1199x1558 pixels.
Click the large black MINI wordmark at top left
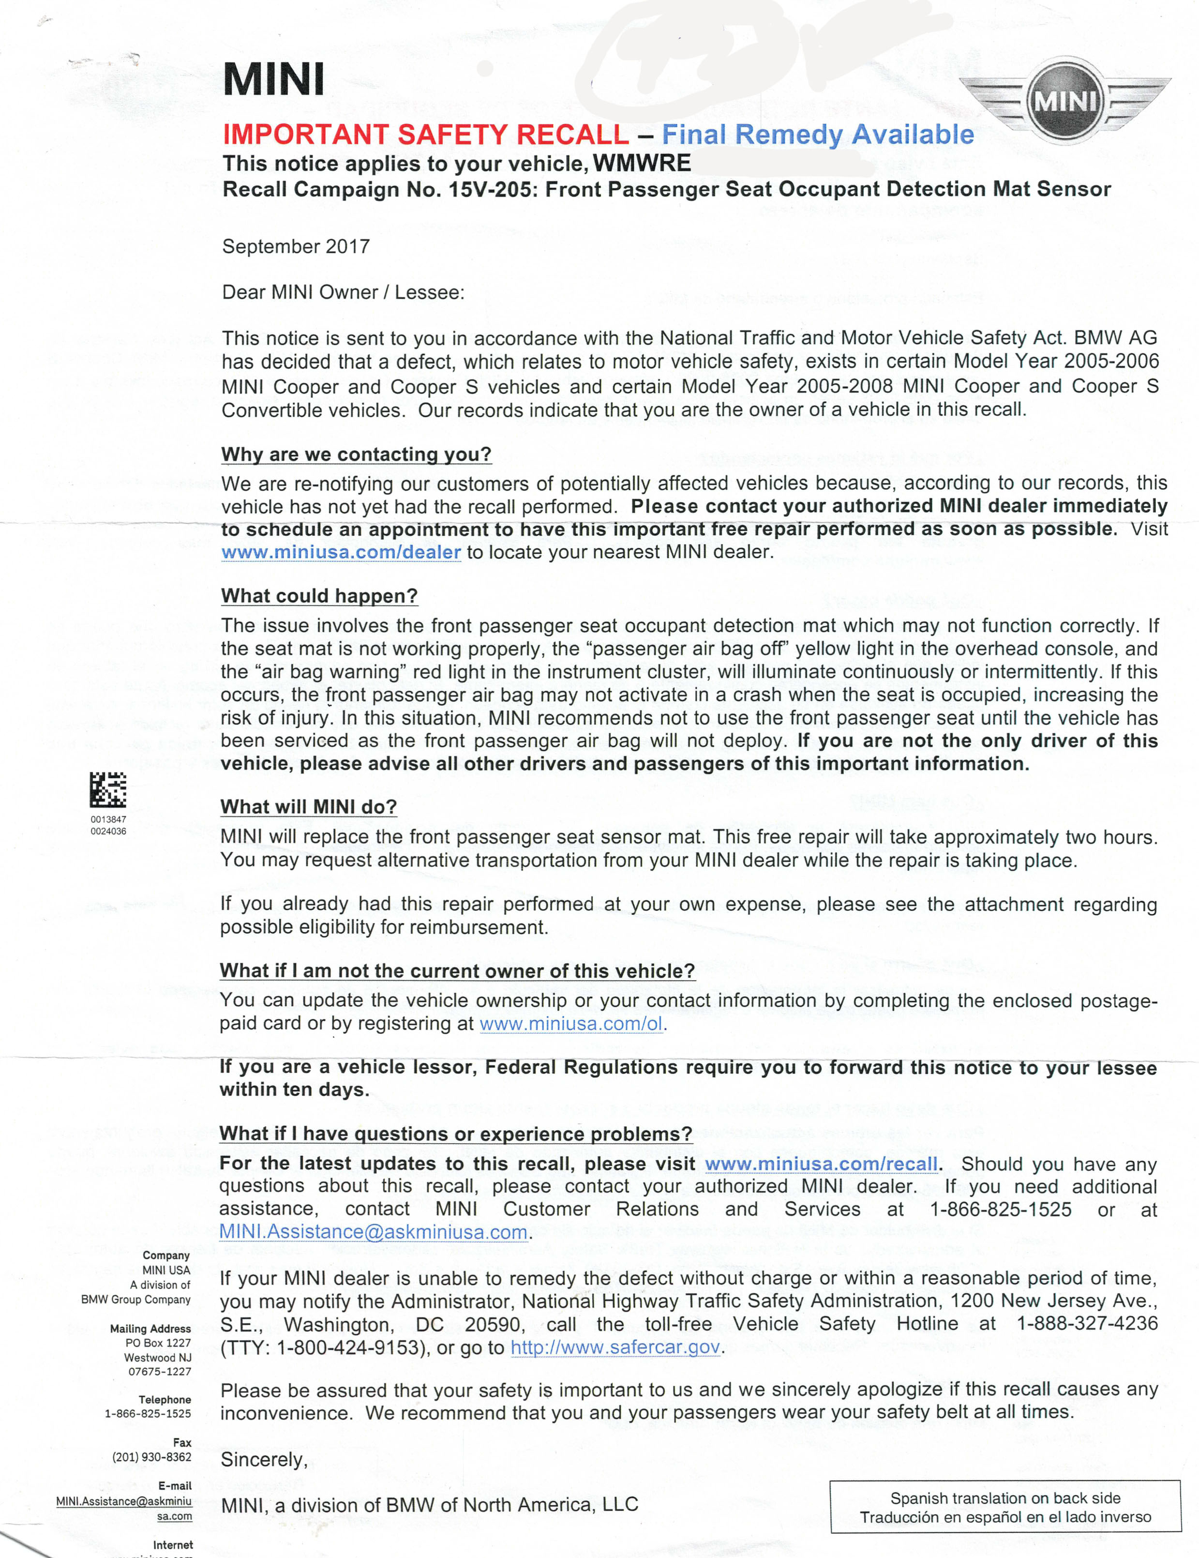click(274, 79)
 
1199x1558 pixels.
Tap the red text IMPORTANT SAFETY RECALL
click(426, 134)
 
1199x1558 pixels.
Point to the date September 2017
click(296, 247)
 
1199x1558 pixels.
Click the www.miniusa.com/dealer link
click(341, 552)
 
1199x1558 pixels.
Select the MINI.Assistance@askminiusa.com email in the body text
click(374, 1232)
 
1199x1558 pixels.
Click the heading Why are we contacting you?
click(356, 454)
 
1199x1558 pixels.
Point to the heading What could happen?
click(319, 596)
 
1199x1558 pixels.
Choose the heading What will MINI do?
click(308, 807)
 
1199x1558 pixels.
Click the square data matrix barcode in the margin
click(108, 790)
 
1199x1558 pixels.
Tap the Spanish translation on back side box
click(1005, 1507)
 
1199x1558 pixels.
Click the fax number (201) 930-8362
click(151, 1457)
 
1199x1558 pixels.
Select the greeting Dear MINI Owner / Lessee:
click(343, 292)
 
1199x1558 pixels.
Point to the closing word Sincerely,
click(264, 1460)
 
